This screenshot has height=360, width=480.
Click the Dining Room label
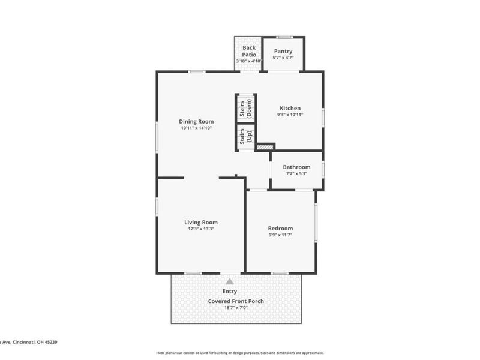coord(196,121)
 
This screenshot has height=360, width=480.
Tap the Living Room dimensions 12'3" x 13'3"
coord(200,229)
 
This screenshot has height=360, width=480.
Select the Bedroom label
coord(280,228)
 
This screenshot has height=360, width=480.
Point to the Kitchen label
coord(290,108)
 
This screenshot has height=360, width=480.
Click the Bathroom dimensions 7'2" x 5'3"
coord(296,173)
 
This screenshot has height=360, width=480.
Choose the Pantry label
coord(283,51)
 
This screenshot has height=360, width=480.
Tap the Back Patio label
coord(249,51)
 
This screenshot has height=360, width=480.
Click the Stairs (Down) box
coord(245,107)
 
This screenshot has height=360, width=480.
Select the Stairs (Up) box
coord(245,137)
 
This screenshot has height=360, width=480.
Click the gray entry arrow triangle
coord(229,281)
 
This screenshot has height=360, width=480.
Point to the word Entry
coord(229,292)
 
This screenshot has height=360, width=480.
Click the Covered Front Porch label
coord(236,301)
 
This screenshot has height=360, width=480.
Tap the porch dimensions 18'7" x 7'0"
coord(236,308)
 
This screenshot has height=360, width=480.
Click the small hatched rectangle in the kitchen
coord(265,146)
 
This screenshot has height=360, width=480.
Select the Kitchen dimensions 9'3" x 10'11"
coord(290,115)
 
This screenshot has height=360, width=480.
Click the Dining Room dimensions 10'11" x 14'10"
coord(196,128)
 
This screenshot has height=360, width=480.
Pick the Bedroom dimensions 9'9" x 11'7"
coord(280,235)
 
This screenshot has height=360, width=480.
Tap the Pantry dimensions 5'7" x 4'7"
coord(283,58)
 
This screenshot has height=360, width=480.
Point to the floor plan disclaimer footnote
coord(240,353)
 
